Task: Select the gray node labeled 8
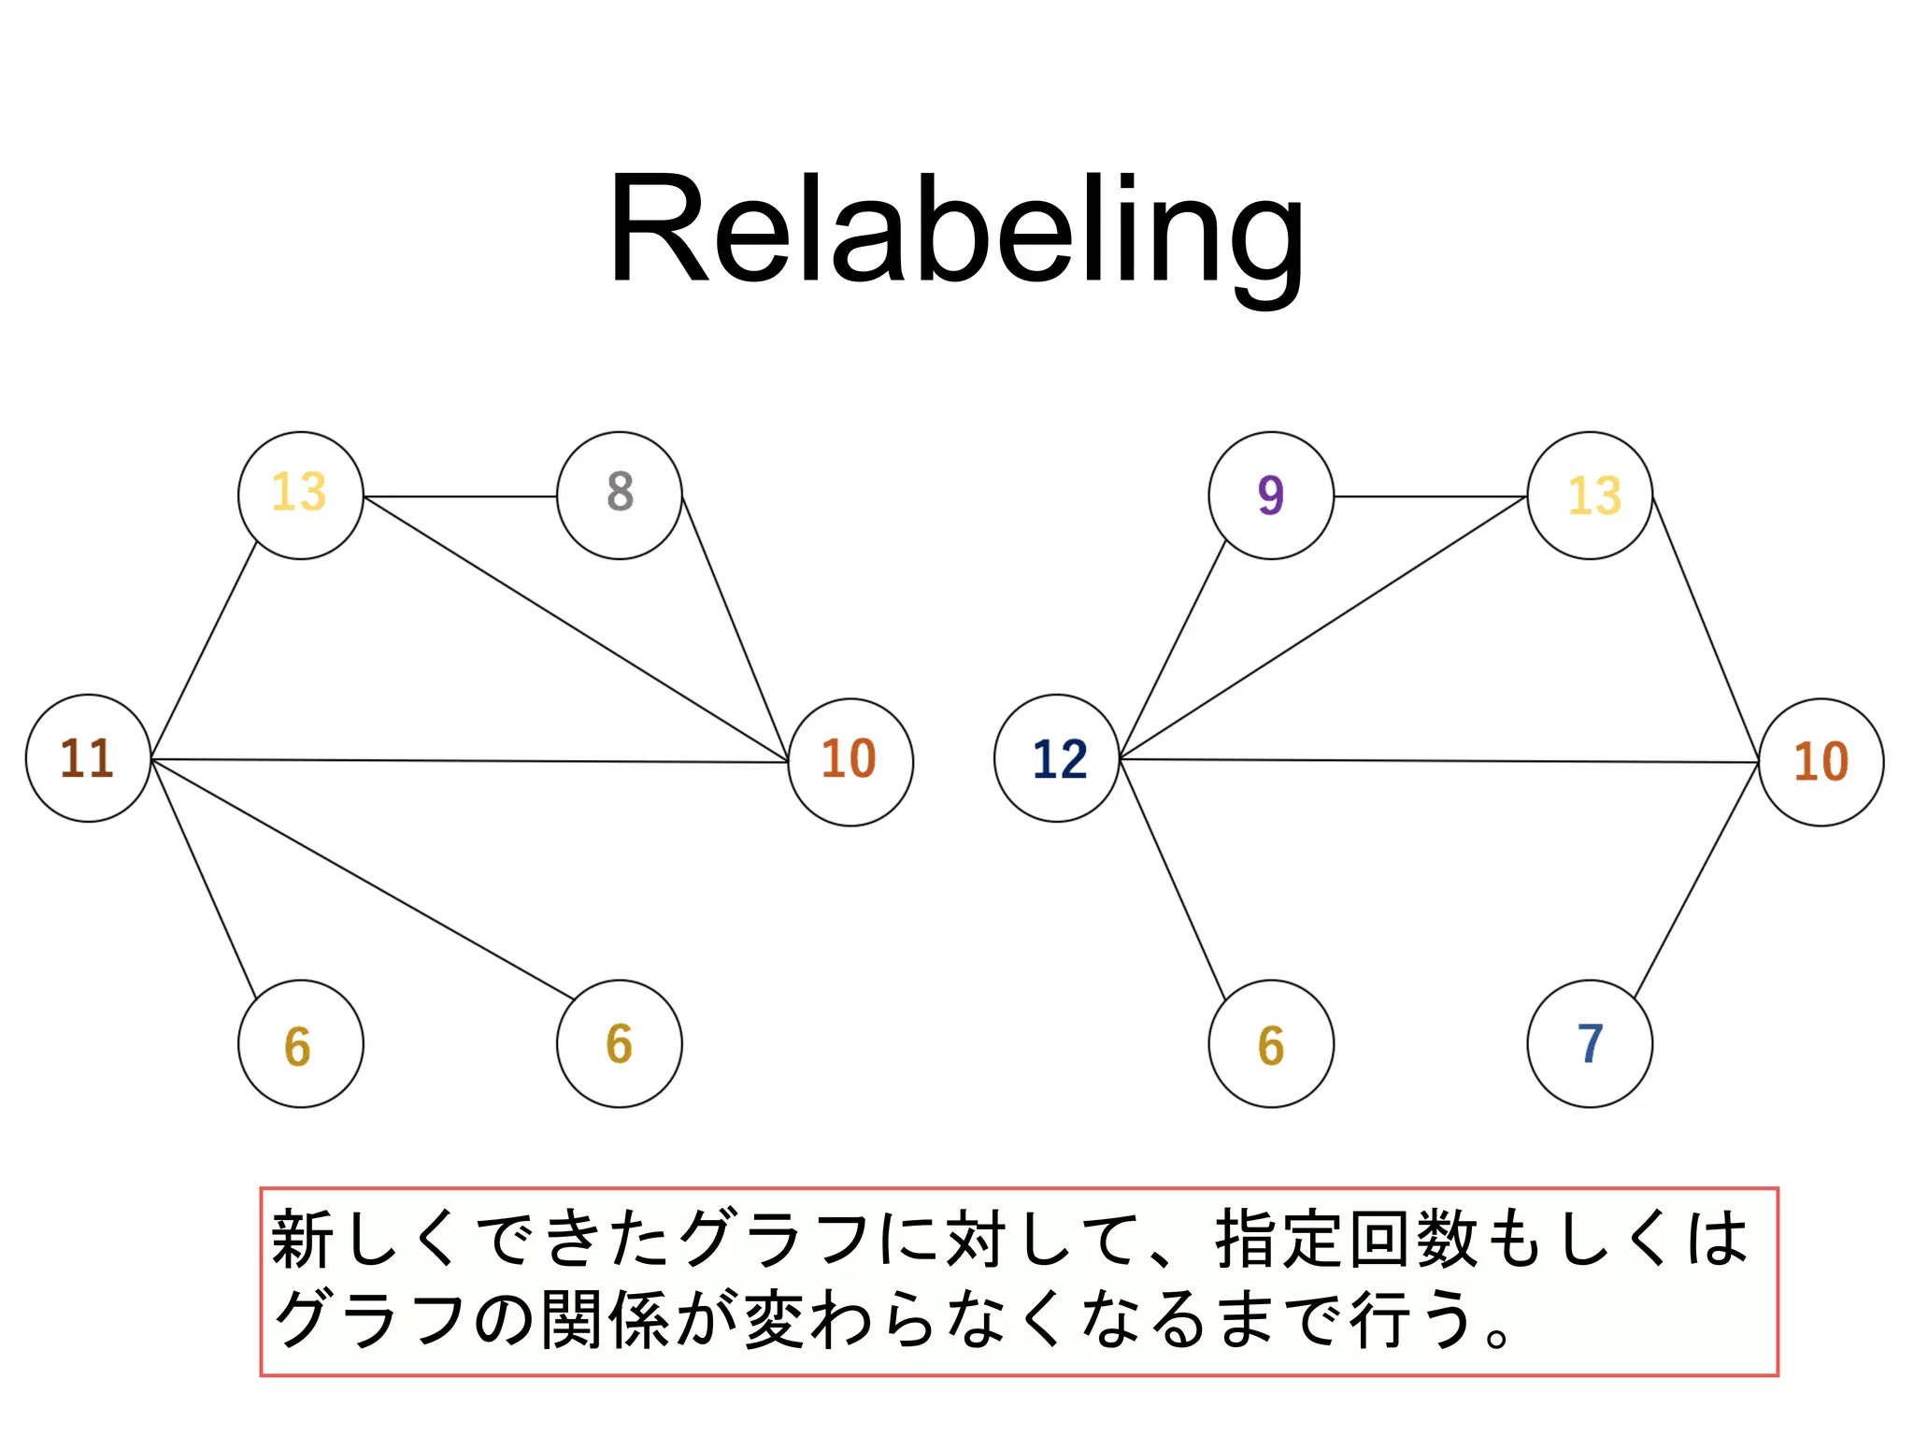619,495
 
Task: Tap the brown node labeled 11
88,758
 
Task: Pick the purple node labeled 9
1270,495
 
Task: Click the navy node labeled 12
1056,758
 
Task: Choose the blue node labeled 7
1589,1043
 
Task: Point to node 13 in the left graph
300,495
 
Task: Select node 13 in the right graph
1589,495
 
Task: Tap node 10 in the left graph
850,761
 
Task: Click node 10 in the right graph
1821,761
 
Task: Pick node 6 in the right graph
1270,1043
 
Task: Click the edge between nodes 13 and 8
460,496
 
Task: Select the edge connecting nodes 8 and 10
735,628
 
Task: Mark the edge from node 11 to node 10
467,761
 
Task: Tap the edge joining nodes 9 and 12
1173,649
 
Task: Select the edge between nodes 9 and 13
1430,496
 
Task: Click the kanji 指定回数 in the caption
1348,1240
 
